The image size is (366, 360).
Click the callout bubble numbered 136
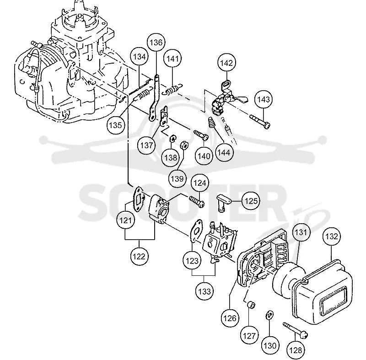tap(156, 43)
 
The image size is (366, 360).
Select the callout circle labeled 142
tap(226, 63)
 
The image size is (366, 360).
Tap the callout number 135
tap(116, 125)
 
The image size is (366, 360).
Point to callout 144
tap(224, 153)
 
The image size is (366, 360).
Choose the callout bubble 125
tap(251, 201)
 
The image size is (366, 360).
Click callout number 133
tap(205, 291)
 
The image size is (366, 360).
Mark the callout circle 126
tap(230, 318)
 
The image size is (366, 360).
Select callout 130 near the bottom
tap(270, 345)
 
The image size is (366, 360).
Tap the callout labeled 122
tap(139, 257)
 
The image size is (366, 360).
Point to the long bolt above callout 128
tap(295, 330)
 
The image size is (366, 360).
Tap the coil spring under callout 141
tap(173, 89)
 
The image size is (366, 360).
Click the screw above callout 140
tap(201, 135)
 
